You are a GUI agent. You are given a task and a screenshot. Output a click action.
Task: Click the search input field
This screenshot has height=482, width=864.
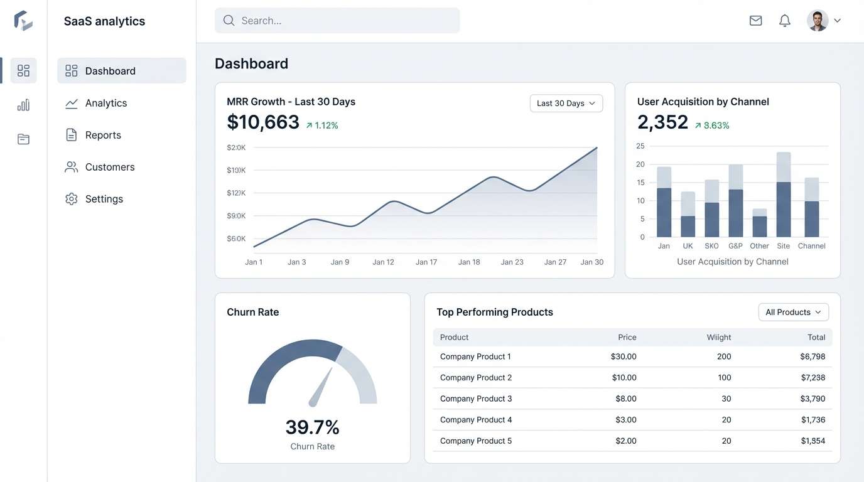pyautogui.click(x=337, y=21)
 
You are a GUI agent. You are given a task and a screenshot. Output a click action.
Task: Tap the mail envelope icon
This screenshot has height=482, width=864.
pyautogui.click(x=755, y=21)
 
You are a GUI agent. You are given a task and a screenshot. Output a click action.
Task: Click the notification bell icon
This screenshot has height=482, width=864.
pyautogui.click(x=784, y=21)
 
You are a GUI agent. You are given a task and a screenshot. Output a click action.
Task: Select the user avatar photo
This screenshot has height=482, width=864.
pyautogui.click(x=817, y=21)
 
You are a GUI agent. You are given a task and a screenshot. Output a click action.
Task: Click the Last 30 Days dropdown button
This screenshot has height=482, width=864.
pyautogui.click(x=566, y=104)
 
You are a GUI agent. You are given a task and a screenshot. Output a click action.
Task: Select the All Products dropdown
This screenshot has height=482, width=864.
pyautogui.click(x=793, y=312)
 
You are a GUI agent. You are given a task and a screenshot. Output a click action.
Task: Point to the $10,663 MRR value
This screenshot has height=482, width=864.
pyautogui.click(x=263, y=122)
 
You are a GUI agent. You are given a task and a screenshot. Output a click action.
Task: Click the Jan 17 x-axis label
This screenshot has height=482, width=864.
pyautogui.click(x=426, y=262)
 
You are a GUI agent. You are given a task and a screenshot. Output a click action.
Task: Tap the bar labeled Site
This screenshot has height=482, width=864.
pyautogui.click(x=783, y=195)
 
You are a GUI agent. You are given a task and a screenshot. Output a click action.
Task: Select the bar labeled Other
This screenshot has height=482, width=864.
pyautogui.click(x=759, y=223)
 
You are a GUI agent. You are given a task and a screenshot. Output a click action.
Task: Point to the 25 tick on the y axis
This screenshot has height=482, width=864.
pyautogui.click(x=640, y=146)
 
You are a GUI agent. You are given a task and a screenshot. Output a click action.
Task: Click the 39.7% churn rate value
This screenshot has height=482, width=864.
pyautogui.click(x=312, y=427)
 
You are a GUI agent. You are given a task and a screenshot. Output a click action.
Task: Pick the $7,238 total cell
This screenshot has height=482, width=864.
pyautogui.click(x=813, y=378)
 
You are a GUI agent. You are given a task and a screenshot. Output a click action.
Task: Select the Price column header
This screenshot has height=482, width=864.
pyautogui.click(x=627, y=338)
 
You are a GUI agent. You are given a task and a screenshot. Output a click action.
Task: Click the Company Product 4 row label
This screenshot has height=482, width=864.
pyautogui.click(x=476, y=420)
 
